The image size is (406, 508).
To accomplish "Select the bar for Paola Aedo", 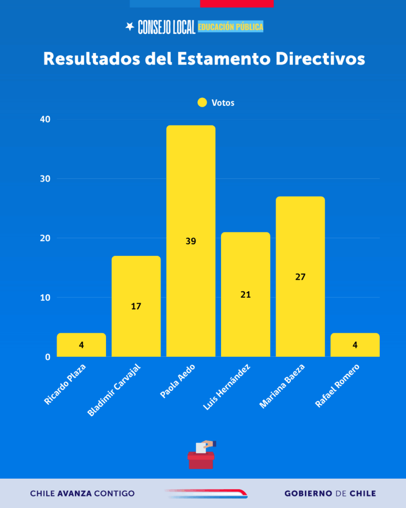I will tap(191, 198).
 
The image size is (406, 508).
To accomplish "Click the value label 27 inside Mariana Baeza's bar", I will tap(300, 277).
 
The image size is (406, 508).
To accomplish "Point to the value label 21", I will tap(245, 295).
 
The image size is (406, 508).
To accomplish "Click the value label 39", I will tap(191, 242).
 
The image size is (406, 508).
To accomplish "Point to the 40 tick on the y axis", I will tap(46, 120).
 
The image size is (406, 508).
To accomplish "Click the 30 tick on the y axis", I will tap(46, 179).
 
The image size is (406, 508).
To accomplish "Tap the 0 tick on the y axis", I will tap(48, 357).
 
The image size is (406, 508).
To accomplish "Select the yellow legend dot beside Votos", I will tap(202, 103).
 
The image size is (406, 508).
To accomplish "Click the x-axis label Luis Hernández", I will tap(227, 387).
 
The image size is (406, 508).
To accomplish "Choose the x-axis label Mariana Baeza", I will tap(282, 386).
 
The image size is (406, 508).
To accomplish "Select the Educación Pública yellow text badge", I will tap(231, 27).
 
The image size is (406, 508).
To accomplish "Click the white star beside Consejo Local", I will tap(130, 27).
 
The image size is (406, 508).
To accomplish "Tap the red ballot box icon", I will tap(201, 459).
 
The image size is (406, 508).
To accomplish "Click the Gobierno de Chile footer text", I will tap(330, 494).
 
